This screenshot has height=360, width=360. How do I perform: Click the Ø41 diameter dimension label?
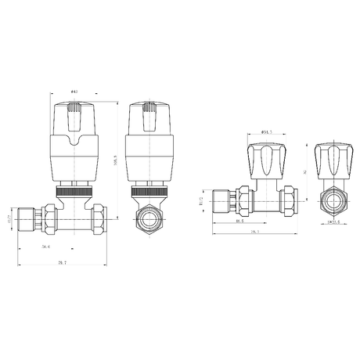point(74,92)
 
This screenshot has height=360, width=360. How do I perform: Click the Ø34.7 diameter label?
point(266,132)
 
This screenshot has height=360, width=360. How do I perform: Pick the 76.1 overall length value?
point(255,232)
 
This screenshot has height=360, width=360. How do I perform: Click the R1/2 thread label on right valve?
point(202,199)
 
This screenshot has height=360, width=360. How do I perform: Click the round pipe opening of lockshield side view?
point(331,200)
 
